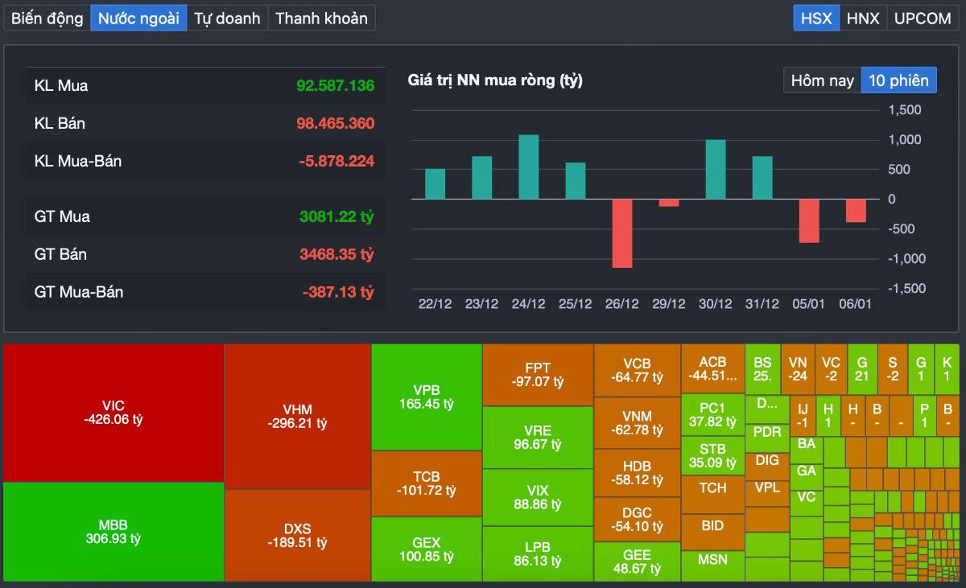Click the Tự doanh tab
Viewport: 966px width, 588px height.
(x=227, y=18)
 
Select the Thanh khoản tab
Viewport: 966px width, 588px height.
(x=321, y=18)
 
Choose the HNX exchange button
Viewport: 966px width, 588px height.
(x=863, y=18)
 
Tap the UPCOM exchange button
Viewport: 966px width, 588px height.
(x=923, y=18)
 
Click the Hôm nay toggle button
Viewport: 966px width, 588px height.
(x=822, y=80)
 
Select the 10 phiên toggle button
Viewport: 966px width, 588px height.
(x=898, y=80)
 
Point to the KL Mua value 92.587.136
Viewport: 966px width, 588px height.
(x=335, y=85)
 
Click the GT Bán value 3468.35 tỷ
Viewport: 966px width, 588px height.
(x=336, y=254)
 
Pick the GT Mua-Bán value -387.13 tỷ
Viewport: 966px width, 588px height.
(x=338, y=292)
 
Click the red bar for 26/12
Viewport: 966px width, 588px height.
(x=621, y=233)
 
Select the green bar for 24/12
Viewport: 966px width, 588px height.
(x=528, y=167)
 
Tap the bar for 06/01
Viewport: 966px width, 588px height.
(x=856, y=211)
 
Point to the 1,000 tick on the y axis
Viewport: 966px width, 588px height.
(x=905, y=140)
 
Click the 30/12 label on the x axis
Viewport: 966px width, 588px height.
(x=715, y=304)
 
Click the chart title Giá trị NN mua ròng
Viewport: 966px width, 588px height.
(x=495, y=80)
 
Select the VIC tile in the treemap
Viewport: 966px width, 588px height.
(x=114, y=412)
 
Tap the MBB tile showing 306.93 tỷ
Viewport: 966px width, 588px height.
(x=114, y=532)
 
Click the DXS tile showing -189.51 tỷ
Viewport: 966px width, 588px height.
(x=297, y=536)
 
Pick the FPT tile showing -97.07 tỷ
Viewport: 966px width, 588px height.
(x=538, y=375)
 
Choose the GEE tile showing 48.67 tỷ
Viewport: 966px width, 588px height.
(x=637, y=561)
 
